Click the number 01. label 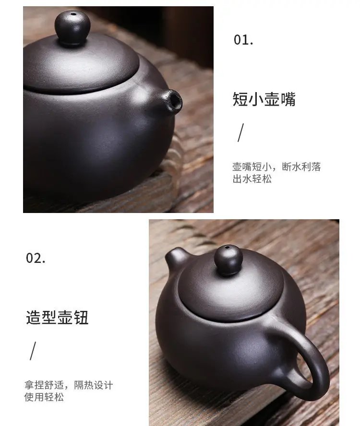243,40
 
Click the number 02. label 36,258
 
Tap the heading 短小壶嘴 264,99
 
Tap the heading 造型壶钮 57,318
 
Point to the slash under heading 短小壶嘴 240,132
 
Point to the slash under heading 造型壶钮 33,351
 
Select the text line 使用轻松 44,397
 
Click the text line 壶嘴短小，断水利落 276,167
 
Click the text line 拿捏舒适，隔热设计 69,385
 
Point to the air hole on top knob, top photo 73,15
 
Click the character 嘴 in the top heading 288,99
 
